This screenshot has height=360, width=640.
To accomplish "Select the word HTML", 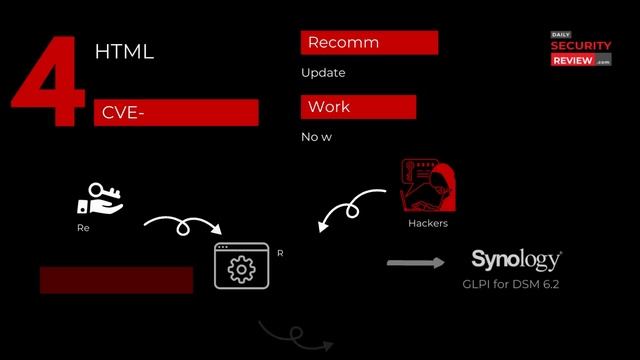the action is (x=124, y=52).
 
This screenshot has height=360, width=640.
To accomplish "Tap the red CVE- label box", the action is (x=175, y=113).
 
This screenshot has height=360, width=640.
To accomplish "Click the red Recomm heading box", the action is (x=368, y=43).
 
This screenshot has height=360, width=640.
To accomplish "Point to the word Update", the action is (x=323, y=73).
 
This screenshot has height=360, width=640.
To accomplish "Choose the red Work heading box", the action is (x=357, y=107).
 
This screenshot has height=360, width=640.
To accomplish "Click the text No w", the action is (x=316, y=137).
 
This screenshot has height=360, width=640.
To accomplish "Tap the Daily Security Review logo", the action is (x=580, y=48).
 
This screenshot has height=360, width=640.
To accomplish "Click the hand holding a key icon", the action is (x=99, y=199).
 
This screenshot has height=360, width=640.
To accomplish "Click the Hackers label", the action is (x=428, y=224).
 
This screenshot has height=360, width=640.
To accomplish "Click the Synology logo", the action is (x=516, y=261).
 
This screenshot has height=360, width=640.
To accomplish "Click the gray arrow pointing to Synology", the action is (x=416, y=264).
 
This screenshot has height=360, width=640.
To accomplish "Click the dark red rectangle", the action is (x=116, y=280).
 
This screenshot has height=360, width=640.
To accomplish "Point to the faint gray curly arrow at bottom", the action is (x=294, y=337).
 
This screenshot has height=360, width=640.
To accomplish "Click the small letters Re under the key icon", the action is (x=83, y=228).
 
